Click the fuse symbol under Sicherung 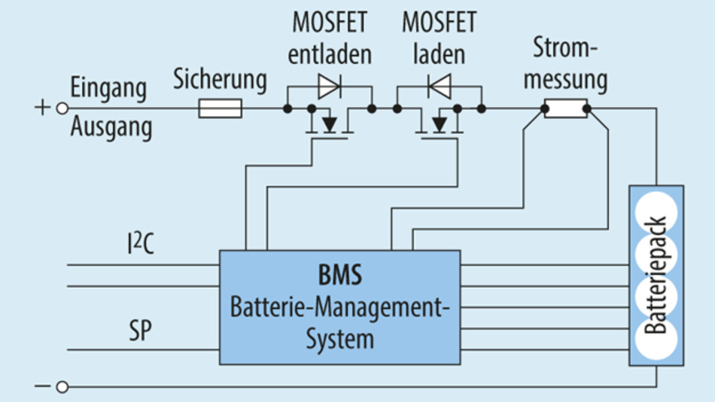[220, 109]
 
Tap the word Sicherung [220, 79]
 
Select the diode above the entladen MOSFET [329, 87]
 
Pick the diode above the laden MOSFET [439, 87]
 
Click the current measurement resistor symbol [565, 109]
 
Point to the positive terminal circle [62, 108]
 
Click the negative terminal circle [62, 387]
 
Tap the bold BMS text [339, 275]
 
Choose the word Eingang [108, 87]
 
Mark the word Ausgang [111, 127]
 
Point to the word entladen [330, 54]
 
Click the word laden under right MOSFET [439, 54]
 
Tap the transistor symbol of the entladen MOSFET [328, 124]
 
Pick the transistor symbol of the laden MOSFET [439, 124]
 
